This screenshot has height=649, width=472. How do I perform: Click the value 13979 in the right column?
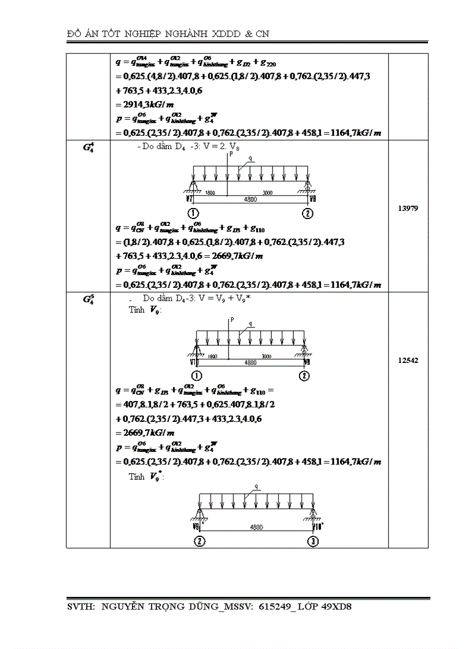(408, 208)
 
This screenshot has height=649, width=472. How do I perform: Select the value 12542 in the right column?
(408, 360)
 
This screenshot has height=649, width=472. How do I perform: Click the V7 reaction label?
(189, 199)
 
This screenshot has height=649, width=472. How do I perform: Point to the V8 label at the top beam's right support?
(312, 199)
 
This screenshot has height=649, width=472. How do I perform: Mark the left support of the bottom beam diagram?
(200, 514)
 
